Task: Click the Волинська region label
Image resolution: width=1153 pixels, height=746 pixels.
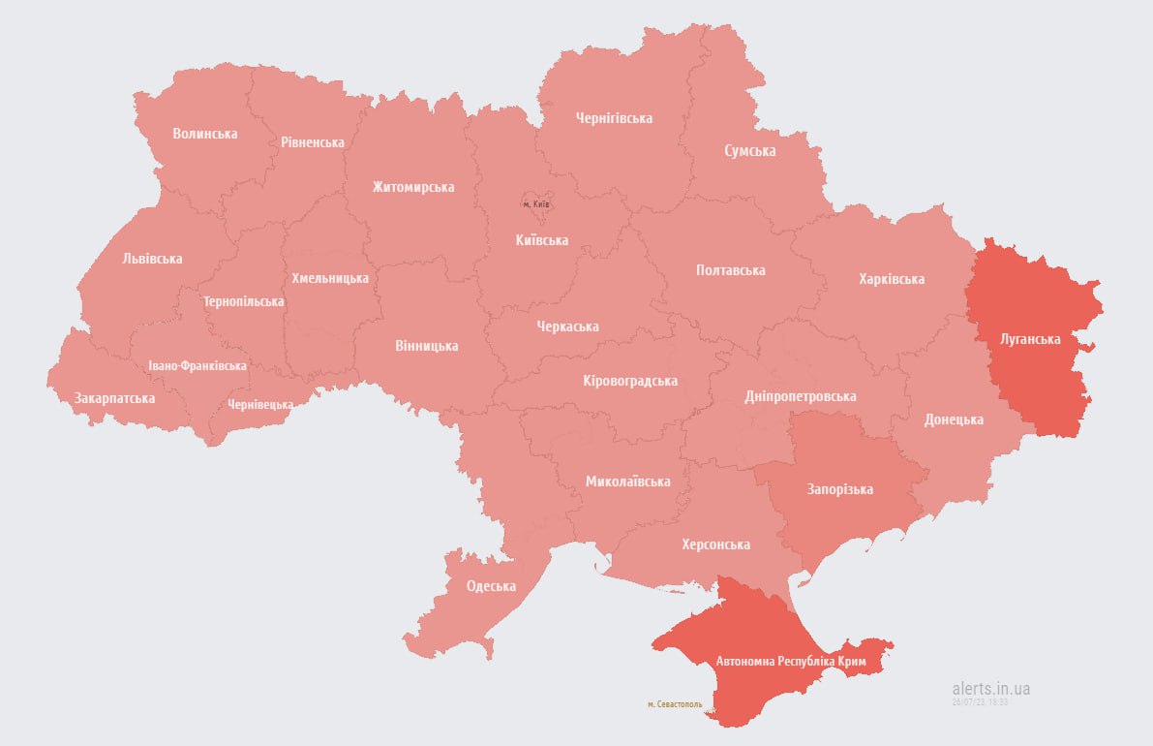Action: (x=204, y=134)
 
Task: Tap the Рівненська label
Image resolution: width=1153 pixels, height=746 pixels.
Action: (x=313, y=142)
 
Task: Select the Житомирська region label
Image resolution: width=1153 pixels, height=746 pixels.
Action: (x=412, y=187)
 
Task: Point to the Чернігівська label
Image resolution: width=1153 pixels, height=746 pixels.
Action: (x=614, y=118)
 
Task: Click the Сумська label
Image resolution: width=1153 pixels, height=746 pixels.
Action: (x=749, y=151)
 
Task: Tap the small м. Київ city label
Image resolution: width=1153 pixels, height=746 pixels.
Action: (x=535, y=204)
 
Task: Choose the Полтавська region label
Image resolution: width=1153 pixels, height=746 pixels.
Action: (x=730, y=270)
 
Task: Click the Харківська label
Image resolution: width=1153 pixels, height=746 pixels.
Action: (x=891, y=279)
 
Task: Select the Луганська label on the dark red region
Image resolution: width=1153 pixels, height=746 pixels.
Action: (x=1030, y=339)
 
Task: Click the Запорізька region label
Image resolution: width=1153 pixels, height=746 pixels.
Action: (x=839, y=489)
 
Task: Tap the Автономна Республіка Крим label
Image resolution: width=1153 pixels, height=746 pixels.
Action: (x=798, y=662)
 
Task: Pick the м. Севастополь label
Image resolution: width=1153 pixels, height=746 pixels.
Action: (x=675, y=704)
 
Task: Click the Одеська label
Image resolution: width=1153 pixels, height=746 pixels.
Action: (x=491, y=586)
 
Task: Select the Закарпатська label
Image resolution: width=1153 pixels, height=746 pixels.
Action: (x=114, y=398)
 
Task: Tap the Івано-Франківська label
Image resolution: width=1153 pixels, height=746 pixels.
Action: (x=197, y=366)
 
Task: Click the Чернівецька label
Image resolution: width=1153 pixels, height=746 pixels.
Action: (x=260, y=404)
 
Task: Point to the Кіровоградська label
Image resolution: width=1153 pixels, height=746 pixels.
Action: (x=629, y=381)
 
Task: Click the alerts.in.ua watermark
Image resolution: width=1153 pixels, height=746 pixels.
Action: (x=990, y=689)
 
